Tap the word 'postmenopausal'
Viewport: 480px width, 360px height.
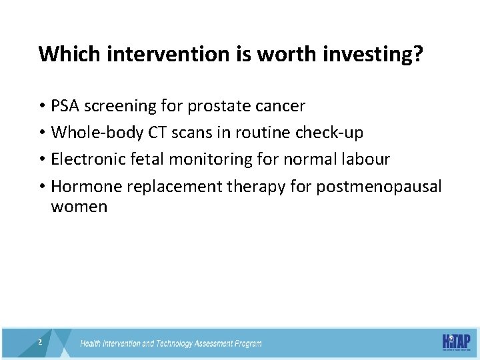[379, 186]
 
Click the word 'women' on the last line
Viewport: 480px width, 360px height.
[79, 207]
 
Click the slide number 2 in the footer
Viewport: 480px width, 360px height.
[41, 342]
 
